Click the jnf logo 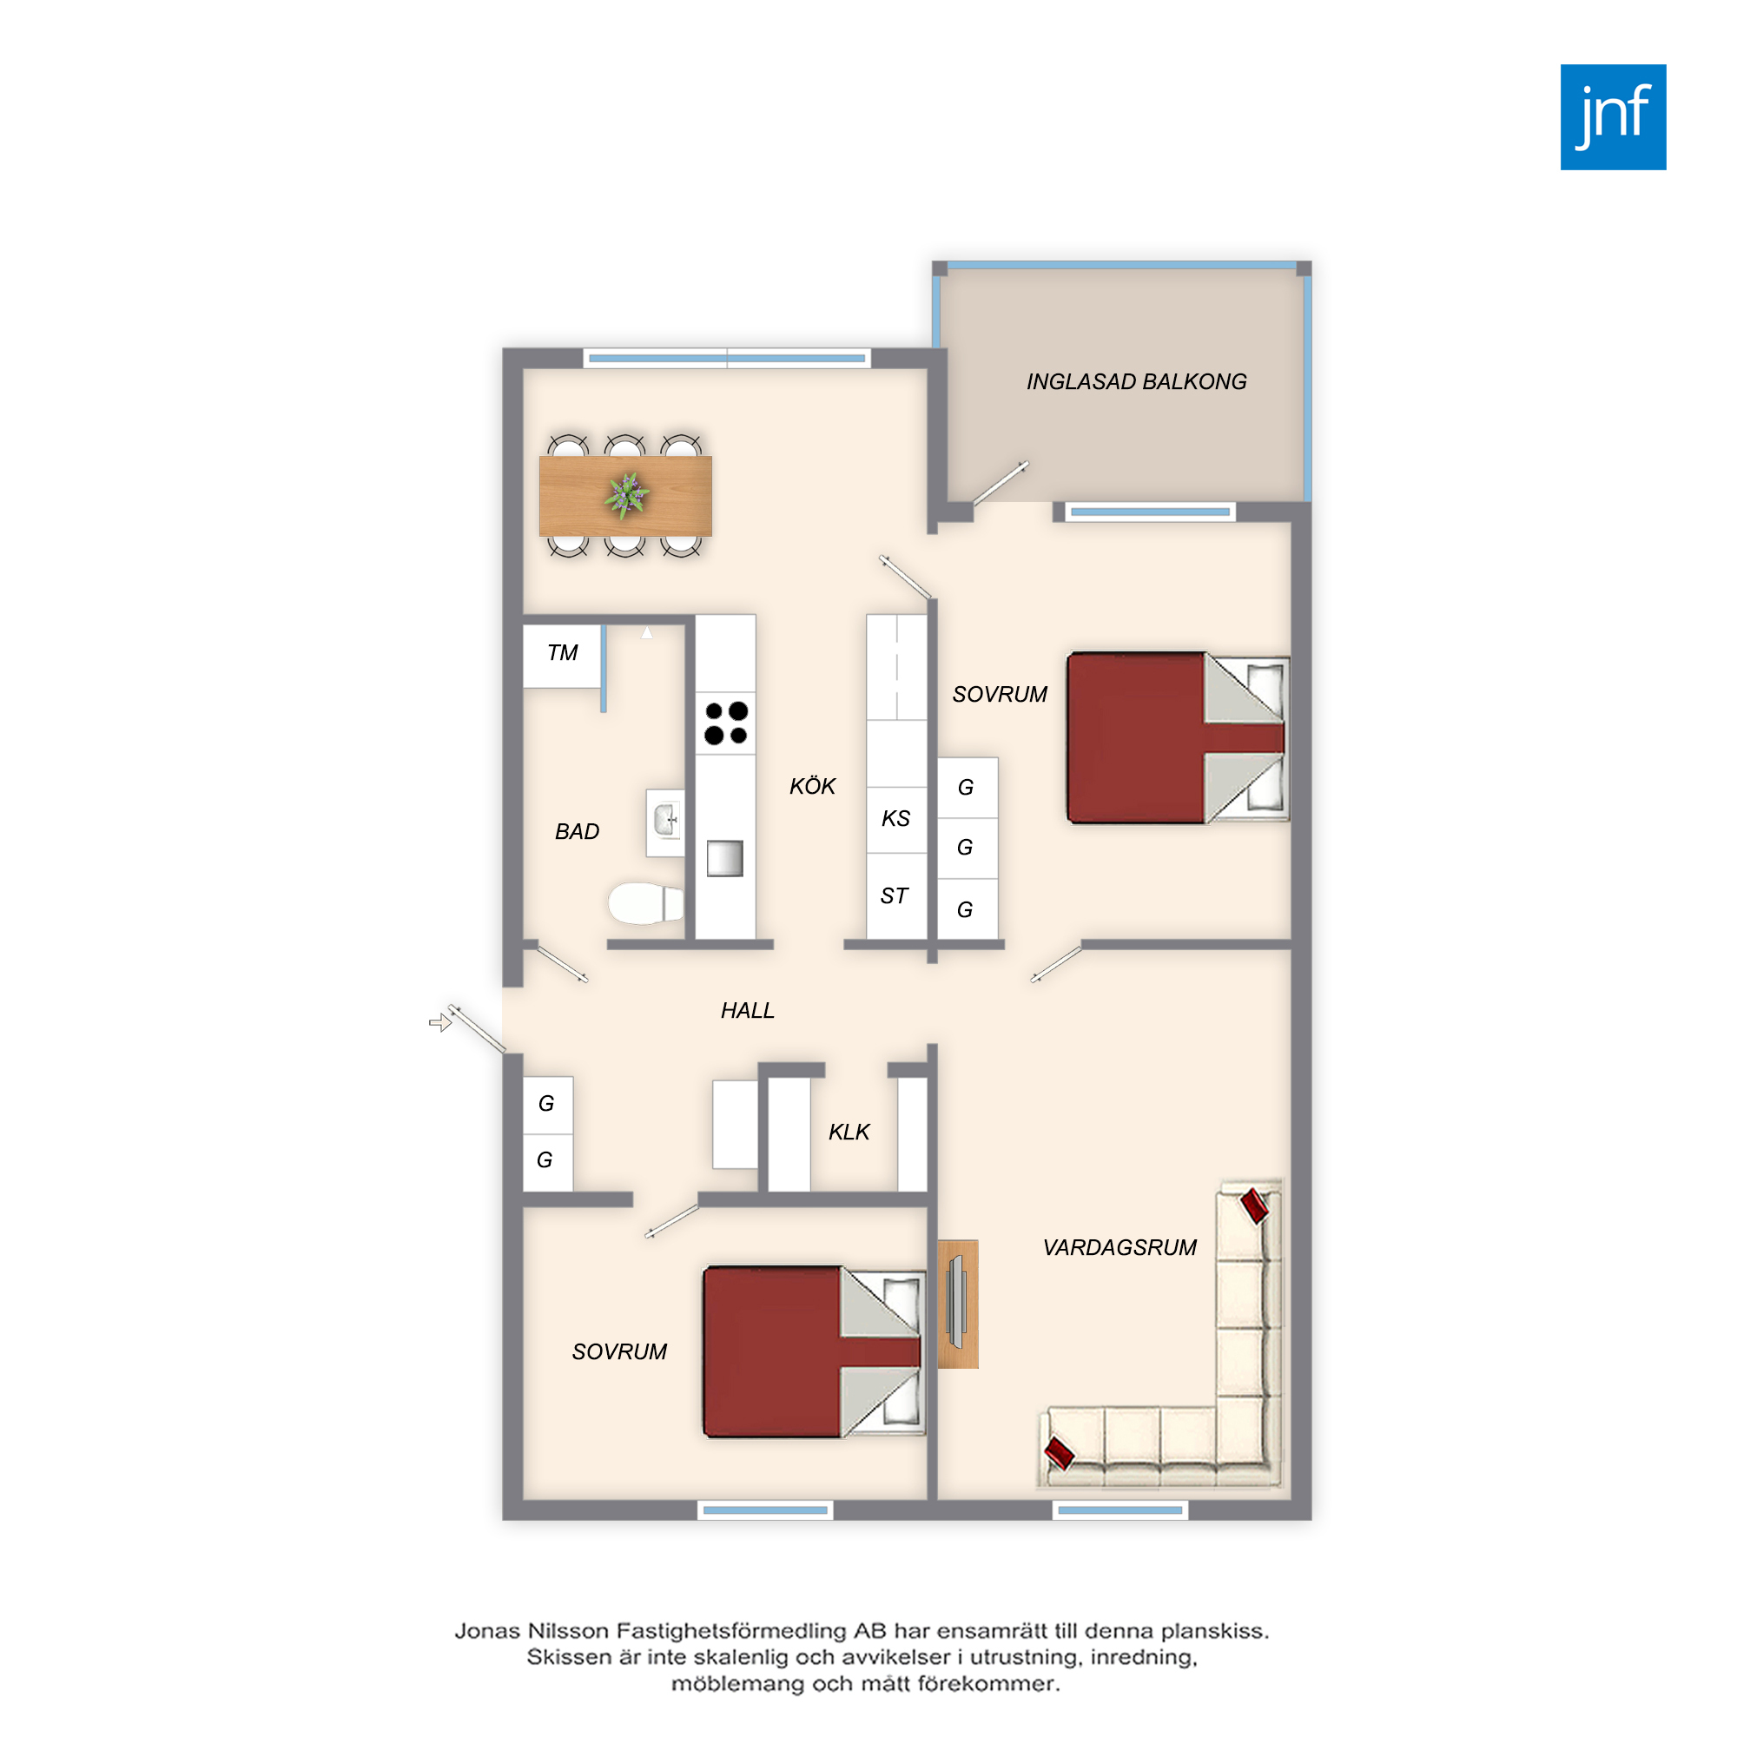(x=1613, y=117)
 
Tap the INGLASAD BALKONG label (x=1136, y=381)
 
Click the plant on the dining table (x=627, y=494)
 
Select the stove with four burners (x=725, y=723)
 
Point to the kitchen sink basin (x=724, y=858)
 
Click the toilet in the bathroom (x=645, y=902)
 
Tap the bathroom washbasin (x=665, y=822)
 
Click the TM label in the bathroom (x=563, y=653)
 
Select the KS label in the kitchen (x=896, y=818)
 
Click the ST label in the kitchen (x=895, y=895)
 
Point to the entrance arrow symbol (x=439, y=1023)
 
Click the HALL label (x=747, y=1011)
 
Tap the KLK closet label (x=849, y=1132)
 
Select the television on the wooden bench (x=955, y=1303)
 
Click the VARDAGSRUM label (x=1120, y=1247)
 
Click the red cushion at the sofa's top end (x=1254, y=1205)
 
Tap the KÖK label (x=813, y=786)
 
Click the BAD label (x=578, y=832)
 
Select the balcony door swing (x=1001, y=484)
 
